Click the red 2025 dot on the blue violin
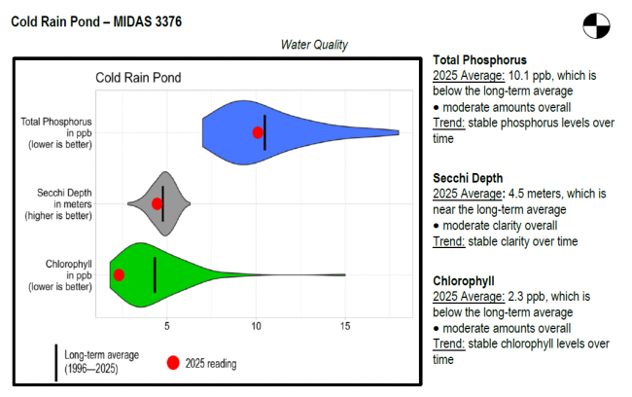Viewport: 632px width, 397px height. point(258,132)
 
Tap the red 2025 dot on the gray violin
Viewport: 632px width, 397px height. point(157,203)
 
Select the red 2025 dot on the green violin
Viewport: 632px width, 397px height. point(119,274)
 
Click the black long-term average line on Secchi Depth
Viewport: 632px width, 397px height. point(163,203)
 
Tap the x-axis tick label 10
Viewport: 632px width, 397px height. point(256,328)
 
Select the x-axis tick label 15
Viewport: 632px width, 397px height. point(345,328)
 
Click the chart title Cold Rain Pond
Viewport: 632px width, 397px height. point(137,78)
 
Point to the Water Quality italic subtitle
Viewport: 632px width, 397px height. point(314,45)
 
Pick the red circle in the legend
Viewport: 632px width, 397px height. point(172,363)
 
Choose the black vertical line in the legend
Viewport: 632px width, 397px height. point(55,362)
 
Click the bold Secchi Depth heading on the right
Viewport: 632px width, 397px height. point(468,178)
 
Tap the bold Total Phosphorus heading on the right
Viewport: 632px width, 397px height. point(480,59)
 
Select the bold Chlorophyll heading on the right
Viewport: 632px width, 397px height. point(464,281)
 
